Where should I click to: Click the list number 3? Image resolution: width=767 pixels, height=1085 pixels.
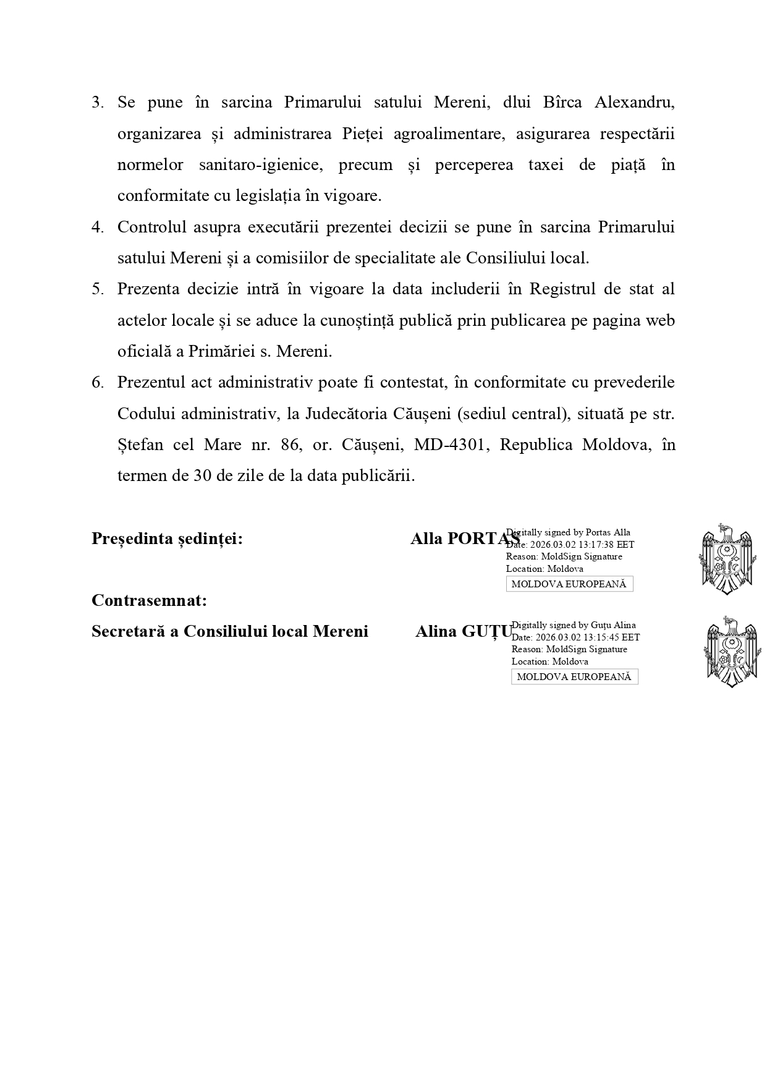pyautogui.click(x=97, y=103)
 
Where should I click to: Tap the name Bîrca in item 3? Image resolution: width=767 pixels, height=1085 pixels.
pyautogui.click(x=562, y=103)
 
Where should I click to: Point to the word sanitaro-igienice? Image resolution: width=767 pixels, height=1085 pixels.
pyautogui.click(x=260, y=165)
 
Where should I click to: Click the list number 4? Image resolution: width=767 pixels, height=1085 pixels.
pyautogui.click(x=97, y=228)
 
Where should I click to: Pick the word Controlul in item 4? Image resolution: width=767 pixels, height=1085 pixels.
pyautogui.click(x=151, y=228)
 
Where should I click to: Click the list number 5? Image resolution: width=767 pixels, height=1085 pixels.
pyautogui.click(x=97, y=289)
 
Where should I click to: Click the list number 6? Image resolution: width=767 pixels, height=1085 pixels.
pyautogui.click(x=97, y=383)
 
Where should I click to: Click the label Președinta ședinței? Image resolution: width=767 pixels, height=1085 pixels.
pyautogui.click(x=167, y=539)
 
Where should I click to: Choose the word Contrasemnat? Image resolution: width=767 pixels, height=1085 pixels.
pyautogui.click(x=149, y=600)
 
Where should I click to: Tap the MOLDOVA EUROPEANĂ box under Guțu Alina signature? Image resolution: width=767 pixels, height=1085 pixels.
pyautogui.click(x=574, y=677)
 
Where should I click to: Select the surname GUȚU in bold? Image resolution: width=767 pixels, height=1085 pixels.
pyautogui.click(x=489, y=632)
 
